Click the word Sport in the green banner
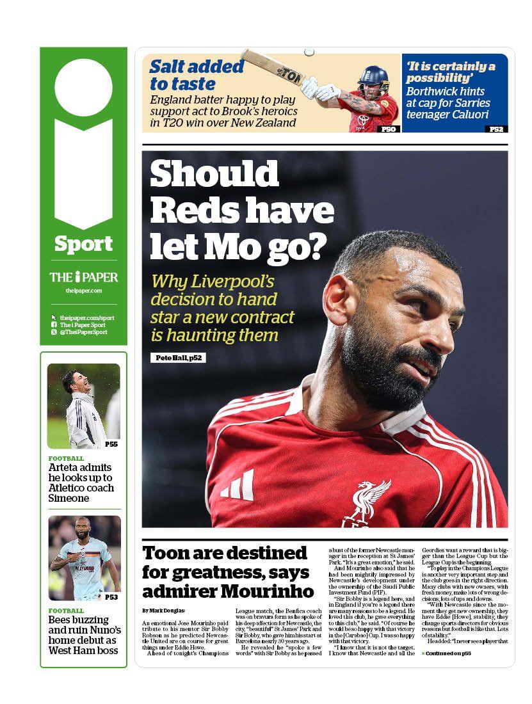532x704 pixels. [83, 244]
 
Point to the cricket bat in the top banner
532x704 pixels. [275, 67]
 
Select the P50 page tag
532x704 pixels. [389, 129]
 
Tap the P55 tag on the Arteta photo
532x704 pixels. [111, 444]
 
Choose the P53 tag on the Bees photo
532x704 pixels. [111, 597]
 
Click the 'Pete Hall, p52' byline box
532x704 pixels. [179, 358]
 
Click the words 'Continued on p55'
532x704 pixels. [448, 653]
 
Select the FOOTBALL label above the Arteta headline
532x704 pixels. [66, 458]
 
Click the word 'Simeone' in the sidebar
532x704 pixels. [69, 498]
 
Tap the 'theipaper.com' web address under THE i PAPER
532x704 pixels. [83, 291]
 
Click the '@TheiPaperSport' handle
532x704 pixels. [83, 332]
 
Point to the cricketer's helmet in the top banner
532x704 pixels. [373, 79]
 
